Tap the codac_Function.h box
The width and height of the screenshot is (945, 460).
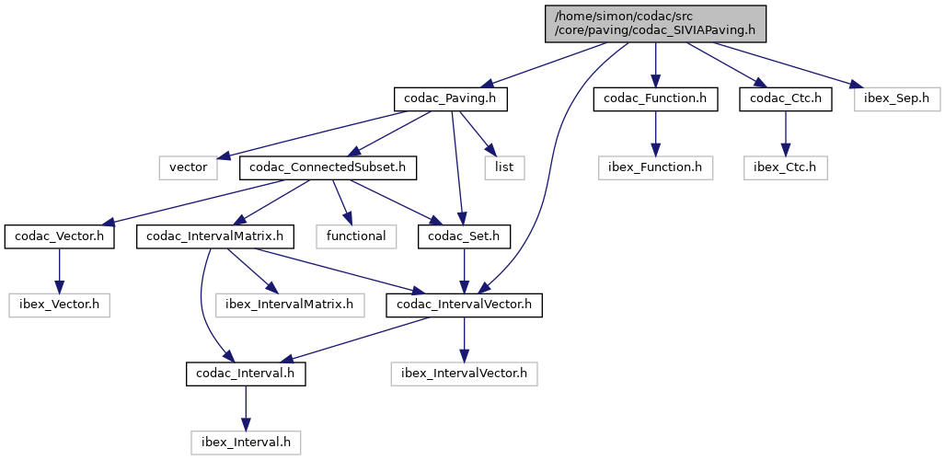[655, 98]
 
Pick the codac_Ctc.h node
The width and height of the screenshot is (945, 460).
[785, 98]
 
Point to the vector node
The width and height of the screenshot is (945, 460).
[189, 167]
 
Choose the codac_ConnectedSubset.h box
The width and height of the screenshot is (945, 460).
[328, 167]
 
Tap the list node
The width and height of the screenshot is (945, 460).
[504, 167]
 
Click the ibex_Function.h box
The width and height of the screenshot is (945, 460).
[655, 167]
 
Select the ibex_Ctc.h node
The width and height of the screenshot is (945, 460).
[785, 167]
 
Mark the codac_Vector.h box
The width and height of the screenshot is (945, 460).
[60, 236]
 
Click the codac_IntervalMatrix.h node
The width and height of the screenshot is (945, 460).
[215, 236]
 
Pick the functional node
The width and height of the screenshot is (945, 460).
[356, 236]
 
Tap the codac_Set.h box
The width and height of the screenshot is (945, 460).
[464, 236]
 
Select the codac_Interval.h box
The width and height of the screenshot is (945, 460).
[246, 374]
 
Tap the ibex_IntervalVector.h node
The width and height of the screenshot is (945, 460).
[464, 374]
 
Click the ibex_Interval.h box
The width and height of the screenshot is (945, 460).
[246, 443]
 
